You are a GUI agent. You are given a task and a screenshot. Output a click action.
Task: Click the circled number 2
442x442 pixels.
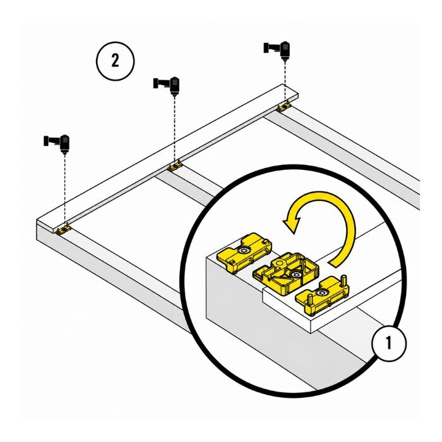point(116,61)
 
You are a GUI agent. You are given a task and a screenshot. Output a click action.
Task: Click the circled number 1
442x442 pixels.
point(389,343)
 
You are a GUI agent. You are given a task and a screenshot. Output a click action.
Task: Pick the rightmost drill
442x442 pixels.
point(277,51)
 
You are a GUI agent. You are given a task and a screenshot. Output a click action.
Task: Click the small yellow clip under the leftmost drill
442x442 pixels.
point(64,229)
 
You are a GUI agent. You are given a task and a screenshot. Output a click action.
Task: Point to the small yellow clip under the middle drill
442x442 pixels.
point(175,166)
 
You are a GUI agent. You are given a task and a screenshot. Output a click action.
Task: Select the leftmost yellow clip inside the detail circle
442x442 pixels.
point(244,252)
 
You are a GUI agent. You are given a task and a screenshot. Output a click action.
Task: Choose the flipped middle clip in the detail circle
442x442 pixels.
point(286,273)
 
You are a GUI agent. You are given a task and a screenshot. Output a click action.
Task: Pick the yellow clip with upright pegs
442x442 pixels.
point(322,295)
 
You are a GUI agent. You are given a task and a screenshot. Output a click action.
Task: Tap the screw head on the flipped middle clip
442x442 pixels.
point(295,274)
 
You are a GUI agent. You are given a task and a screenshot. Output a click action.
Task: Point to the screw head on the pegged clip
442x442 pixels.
point(321,294)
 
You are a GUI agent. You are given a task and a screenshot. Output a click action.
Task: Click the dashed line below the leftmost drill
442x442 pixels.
point(65,189)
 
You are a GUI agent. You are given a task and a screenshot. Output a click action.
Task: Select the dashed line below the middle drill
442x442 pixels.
point(175,129)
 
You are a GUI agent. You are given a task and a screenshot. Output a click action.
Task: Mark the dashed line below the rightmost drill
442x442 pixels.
point(285,81)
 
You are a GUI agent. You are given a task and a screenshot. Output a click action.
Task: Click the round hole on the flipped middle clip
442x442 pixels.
point(279,263)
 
